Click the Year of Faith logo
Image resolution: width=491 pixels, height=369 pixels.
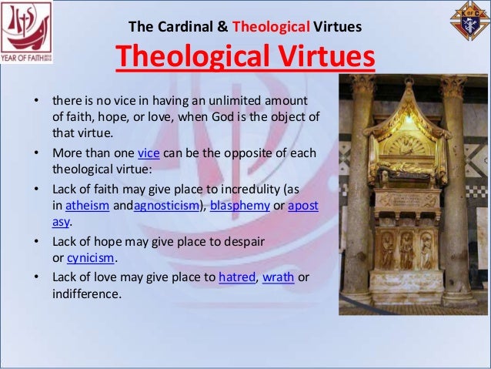[26, 29]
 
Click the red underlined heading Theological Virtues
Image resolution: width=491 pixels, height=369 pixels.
[245, 56]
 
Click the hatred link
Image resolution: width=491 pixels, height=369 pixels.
[237, 277]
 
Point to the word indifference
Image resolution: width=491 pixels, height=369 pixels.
[86, 293]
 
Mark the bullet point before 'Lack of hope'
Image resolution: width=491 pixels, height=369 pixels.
[35, 242]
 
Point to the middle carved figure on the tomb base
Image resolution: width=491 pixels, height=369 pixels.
[406, 251]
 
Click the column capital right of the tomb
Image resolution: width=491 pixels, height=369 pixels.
[453, 86]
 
